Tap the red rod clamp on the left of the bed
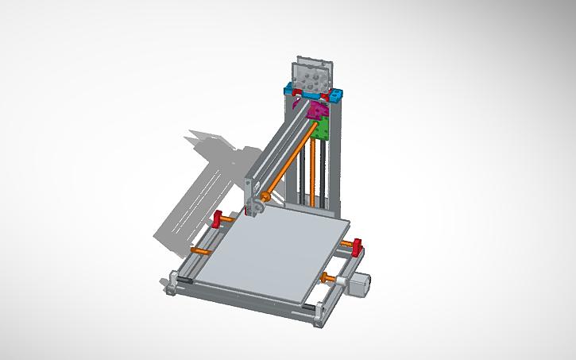tap(217, 219)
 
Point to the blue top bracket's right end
tap(339, 96)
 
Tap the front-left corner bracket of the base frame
tap(172, 283)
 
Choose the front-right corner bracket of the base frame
tap(317, 314)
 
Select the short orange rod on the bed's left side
tap(200, 252)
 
